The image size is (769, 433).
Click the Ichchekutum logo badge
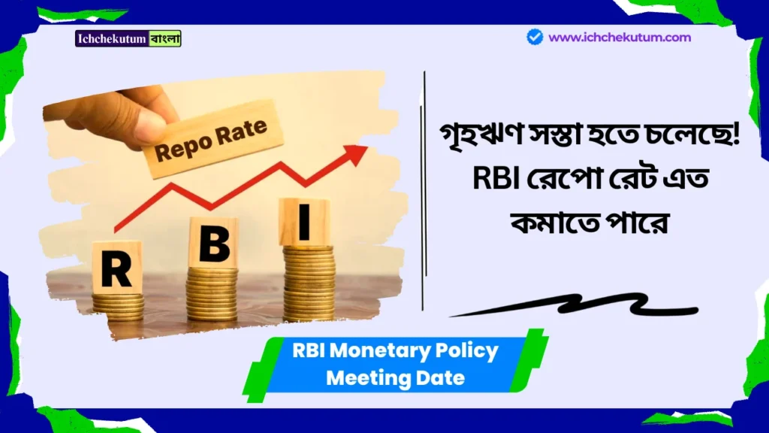(x=128, y=38)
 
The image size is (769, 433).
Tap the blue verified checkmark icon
(x=535, y=37)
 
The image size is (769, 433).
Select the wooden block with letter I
(x=304, y=222)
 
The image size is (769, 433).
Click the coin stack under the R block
(x=118, y=304)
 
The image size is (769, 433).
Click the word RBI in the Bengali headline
(x=465, y=180)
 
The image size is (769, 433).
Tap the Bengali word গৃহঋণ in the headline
(x=469, y=140)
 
